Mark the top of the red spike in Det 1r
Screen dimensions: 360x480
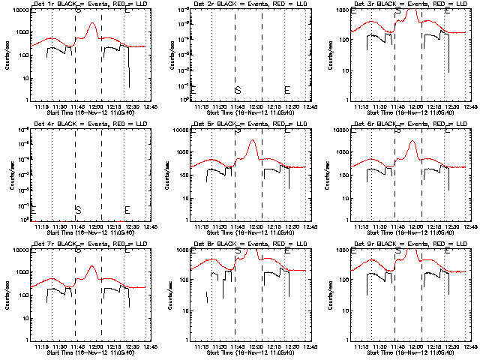coord(92,23)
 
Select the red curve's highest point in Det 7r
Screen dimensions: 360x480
coord(92,266)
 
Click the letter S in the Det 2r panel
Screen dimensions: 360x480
coord(238,90)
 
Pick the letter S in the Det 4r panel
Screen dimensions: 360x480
coord(77,210)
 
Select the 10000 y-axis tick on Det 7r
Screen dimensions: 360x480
coord(19,250)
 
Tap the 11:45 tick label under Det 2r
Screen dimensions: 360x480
coord(238,106)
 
